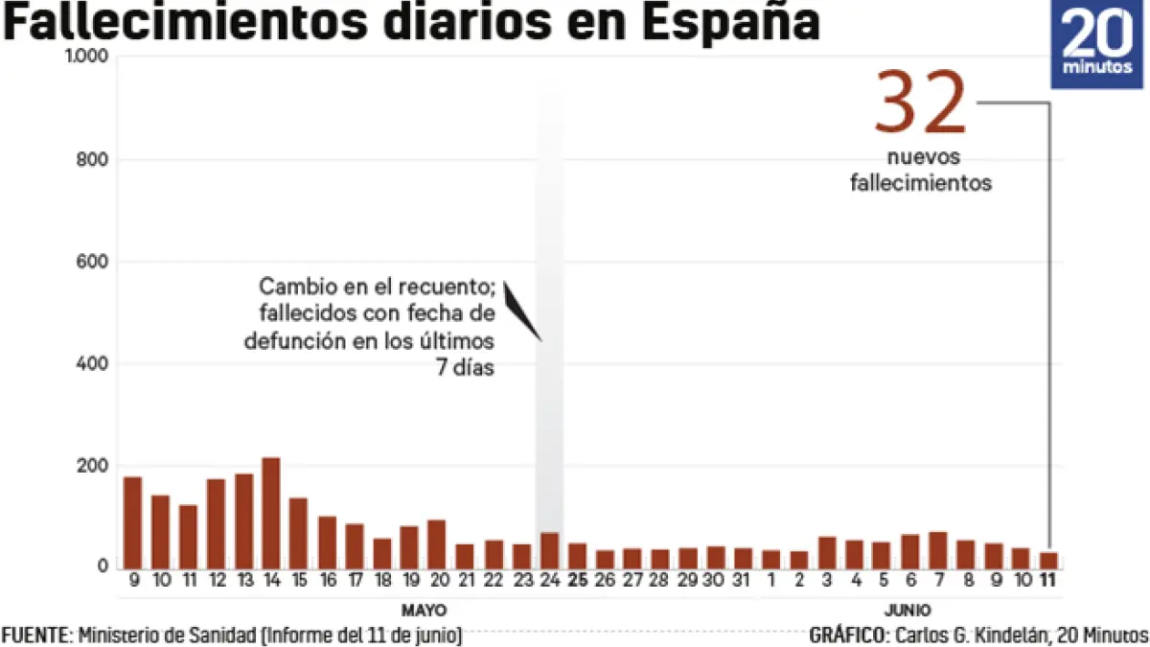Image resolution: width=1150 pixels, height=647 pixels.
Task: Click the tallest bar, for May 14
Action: point(271,513)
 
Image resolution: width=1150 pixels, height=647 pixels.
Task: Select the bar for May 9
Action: point(132,522)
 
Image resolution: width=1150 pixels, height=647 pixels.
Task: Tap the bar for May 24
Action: point(549,550)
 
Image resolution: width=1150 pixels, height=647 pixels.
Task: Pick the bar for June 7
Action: point(938,549)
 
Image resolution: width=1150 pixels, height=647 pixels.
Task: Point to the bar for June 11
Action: point(1049,560)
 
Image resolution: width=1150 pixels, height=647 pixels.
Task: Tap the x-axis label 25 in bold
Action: point(577,580)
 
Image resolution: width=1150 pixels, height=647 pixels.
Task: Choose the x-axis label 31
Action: point(743,580)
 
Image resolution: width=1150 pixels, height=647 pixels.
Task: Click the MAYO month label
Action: point(424,610)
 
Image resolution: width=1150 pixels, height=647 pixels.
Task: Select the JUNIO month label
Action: point(908,610)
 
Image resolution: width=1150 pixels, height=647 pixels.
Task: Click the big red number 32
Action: point(920,104)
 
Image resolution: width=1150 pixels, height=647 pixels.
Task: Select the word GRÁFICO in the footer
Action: point(847,635)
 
